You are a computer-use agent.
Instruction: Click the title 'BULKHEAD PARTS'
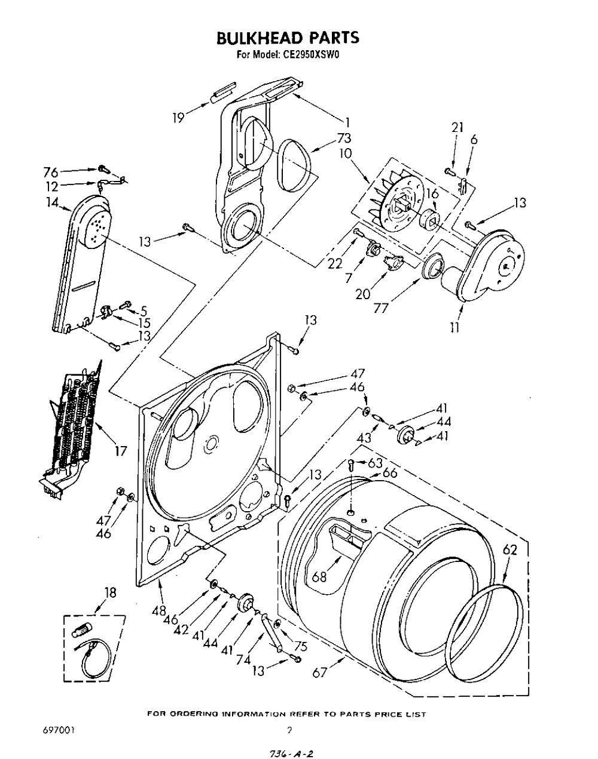[x=288, y=38]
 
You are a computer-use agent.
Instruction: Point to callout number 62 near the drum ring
[x=509, y=549]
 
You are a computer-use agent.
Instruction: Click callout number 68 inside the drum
[x=319, y=577]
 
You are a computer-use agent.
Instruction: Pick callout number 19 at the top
[x=178, y=118]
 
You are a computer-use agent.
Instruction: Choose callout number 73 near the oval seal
[x=344, y=138]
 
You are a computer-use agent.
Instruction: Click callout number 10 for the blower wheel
[x=346, y=153]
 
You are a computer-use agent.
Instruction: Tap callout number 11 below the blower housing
[x=454, y=327]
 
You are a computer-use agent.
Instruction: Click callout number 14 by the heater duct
[x=52, y=202]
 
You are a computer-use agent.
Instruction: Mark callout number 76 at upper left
[x=50, y=173]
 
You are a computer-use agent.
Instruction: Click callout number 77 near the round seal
[x=382, y=308]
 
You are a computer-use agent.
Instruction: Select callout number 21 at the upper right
[x=457, y=127]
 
